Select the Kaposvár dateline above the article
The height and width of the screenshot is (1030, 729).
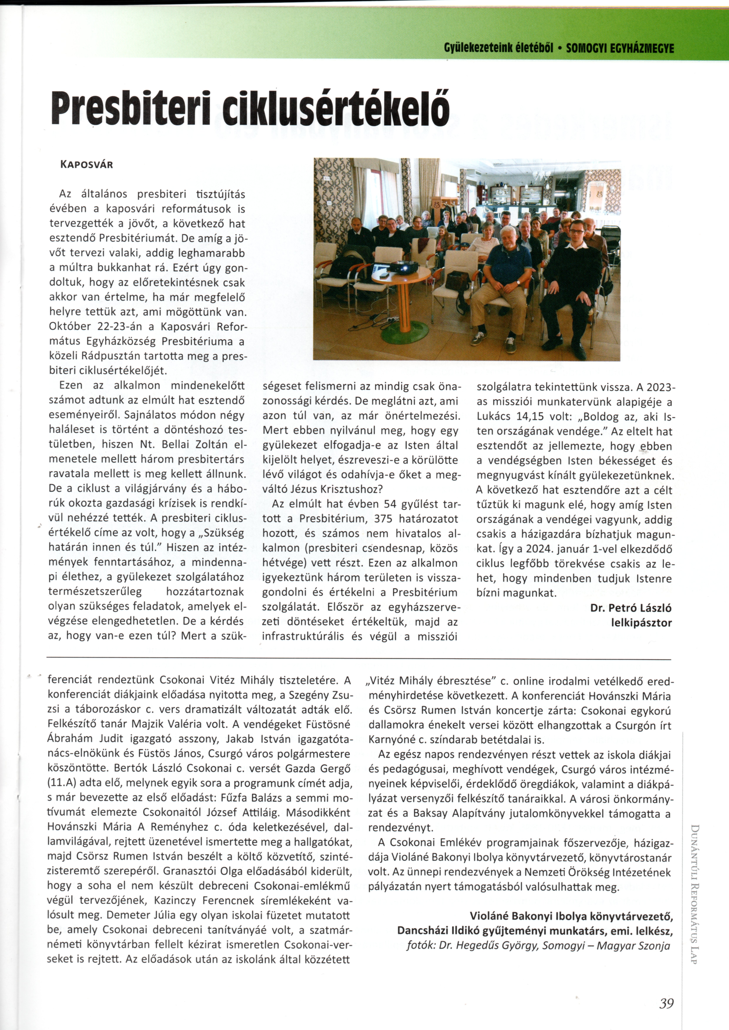click(x=86, y=164)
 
